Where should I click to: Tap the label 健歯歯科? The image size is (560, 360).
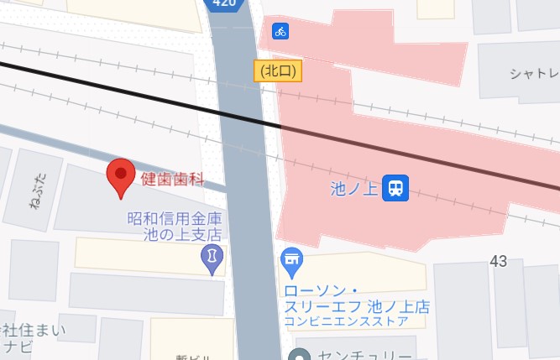172,178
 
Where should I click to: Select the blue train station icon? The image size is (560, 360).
395,188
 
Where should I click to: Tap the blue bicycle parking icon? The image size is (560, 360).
280,31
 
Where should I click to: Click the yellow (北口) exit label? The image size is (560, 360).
277,71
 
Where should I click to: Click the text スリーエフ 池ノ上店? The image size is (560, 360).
356,304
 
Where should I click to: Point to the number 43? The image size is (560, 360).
499,262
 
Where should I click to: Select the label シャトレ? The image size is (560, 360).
534,74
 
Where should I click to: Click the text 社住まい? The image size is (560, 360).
34,328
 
